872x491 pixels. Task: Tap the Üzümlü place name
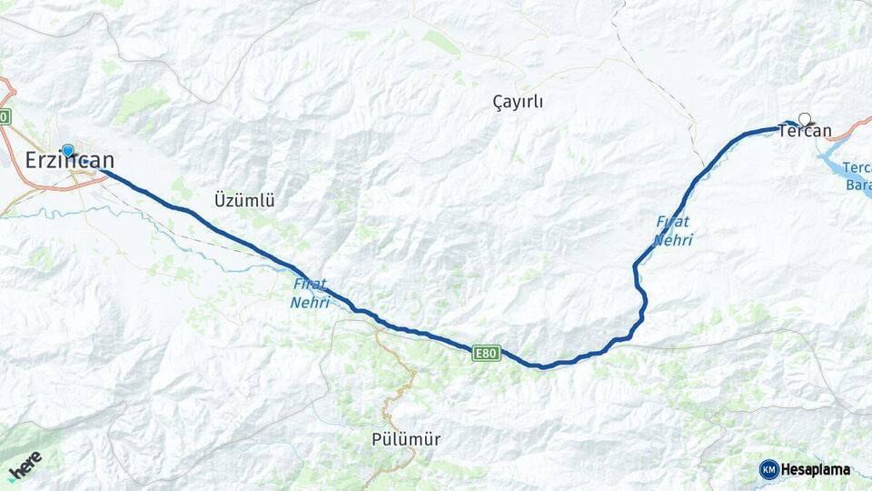(x=244, y=199)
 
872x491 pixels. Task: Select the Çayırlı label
(x=518, y=102)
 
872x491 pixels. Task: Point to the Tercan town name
(x=805, y=132)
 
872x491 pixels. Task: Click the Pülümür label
(x=406, y=439)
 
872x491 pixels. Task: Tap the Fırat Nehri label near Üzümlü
(x=311, y=293)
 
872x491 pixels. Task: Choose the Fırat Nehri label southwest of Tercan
(x=673, y=231)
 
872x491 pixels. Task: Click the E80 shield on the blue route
(x=486, y=353)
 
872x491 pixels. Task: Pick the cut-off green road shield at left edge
(x=5, y=116)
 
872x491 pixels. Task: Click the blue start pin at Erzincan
(x=67, y=150)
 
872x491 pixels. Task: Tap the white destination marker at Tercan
(x=804, y=117)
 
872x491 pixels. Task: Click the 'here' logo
(x=25, y=465)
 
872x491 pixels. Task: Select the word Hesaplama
(x=816, y=470)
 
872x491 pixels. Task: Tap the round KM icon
(x=768, y=469)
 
